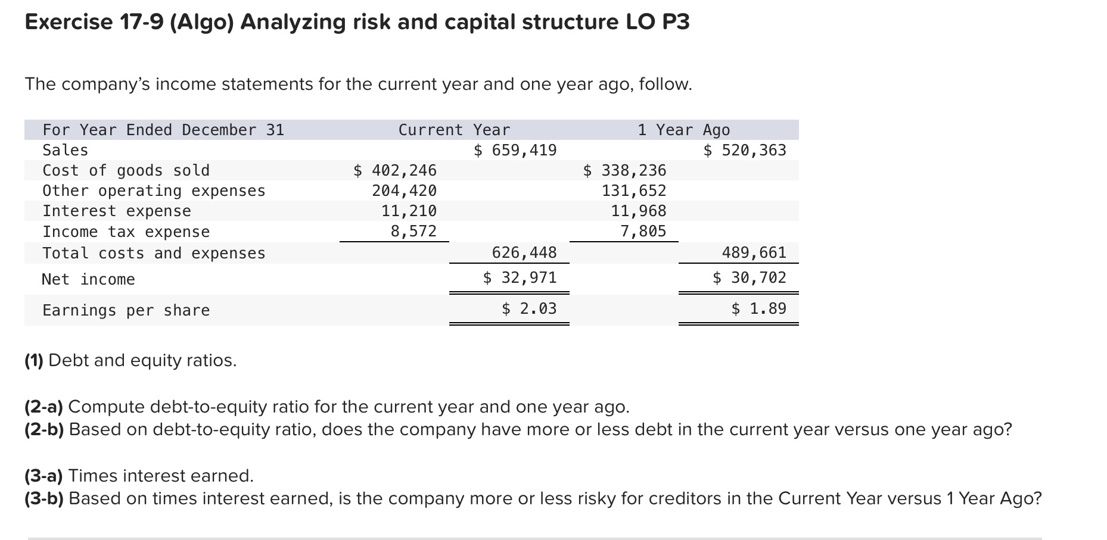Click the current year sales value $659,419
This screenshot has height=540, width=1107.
point(515,150)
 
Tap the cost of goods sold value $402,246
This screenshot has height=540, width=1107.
point(395,170)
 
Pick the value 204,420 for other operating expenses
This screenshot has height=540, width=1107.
point(404,191)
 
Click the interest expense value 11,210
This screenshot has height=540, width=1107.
point(409,211)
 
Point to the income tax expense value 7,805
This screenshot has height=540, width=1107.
point(643,231)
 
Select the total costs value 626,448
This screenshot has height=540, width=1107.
point(524,252)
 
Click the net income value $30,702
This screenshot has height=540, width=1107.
point(750,277)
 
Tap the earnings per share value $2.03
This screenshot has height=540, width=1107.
point(529,308)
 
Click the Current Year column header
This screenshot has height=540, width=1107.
point(454,130)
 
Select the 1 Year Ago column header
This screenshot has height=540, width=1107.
point(683,130)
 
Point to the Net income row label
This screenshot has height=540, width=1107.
point(88,279)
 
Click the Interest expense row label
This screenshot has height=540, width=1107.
point(117,211)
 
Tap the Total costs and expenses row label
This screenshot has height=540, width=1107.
point(154,253)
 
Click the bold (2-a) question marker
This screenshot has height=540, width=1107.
point(44,407)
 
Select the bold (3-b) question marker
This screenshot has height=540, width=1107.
point(44,498)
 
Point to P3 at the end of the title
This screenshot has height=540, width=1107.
point(675,22)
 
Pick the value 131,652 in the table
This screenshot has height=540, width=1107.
point(634,191)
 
